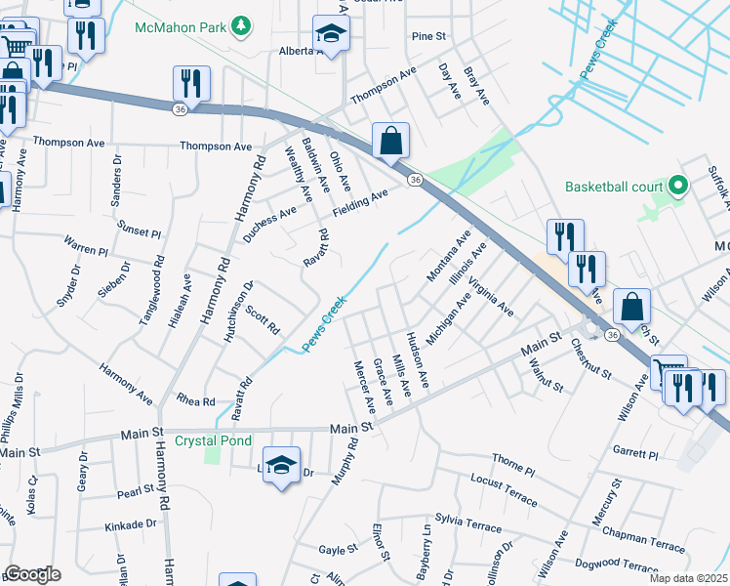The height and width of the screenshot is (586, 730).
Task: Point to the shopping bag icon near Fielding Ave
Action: click(390, 141)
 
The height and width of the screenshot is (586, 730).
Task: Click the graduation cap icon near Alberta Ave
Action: click(332, 36)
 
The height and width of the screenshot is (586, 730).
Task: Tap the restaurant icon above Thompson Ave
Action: click(191, 84)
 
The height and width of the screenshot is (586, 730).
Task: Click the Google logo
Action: click(32, 574)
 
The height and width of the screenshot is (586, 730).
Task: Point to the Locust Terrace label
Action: click(504, 490)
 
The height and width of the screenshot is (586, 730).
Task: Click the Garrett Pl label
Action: click(636, 453)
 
